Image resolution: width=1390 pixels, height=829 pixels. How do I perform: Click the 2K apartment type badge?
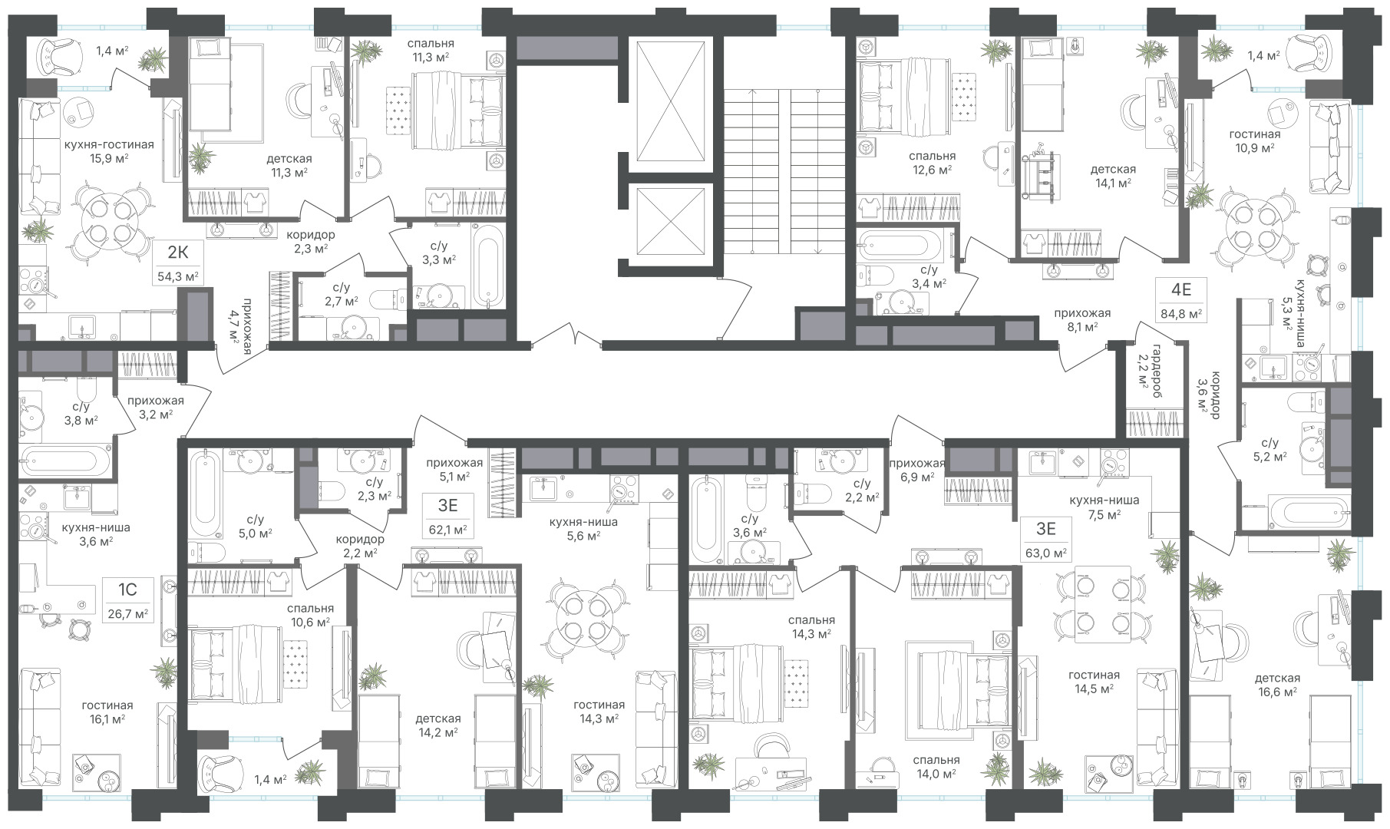coord(179,253)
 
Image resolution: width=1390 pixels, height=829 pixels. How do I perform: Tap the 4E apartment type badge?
coord(1180,290)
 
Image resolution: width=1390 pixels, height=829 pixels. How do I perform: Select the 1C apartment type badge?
coord(127,590)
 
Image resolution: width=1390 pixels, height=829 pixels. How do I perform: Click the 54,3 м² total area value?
coord(179,276)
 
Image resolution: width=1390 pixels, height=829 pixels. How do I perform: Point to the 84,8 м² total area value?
coord(1180,313)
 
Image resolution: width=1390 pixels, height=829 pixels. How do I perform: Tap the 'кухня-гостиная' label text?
coord(109,144)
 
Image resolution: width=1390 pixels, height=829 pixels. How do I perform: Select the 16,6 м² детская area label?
coord(1277,692)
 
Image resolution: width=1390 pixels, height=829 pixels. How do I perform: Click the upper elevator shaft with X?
coord(671,102)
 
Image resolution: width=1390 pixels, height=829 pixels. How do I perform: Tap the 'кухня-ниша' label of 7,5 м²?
coord(1104,500)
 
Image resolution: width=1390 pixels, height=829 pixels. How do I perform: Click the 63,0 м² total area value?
coord(1046,553)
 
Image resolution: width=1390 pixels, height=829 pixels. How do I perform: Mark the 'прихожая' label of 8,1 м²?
coord(1082,313)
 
